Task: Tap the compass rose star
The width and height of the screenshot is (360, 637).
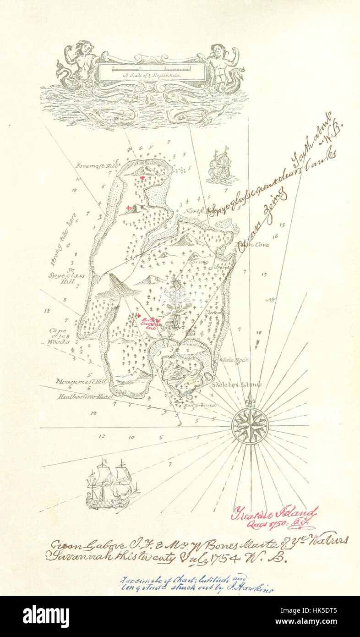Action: (x=250, y=425)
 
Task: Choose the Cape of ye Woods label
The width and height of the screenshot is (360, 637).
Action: (x=59, y=335)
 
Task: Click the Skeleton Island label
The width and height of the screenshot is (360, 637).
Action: (x=236, y=385)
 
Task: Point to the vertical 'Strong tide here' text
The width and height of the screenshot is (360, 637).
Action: (x=59, y=239)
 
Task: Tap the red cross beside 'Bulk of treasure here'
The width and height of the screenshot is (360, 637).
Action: (x=139, y=316)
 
